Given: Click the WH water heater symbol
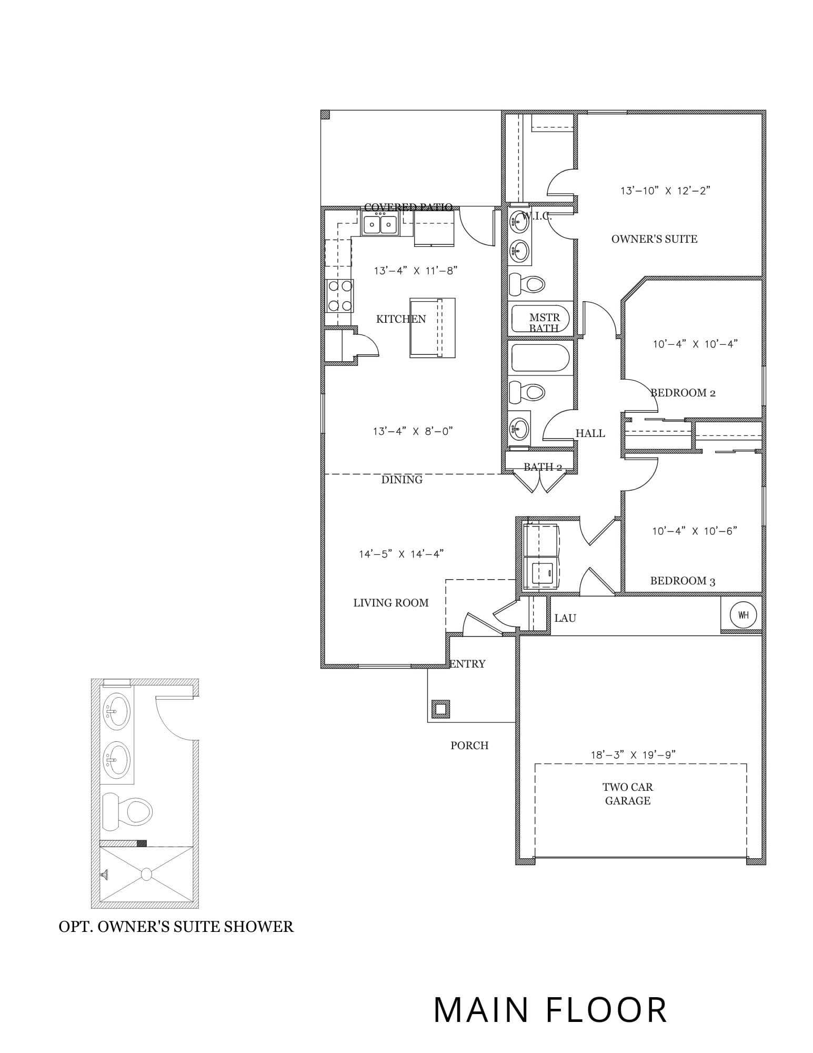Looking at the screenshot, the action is (743, 614).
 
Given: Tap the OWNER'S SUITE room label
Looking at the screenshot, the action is (654, 239).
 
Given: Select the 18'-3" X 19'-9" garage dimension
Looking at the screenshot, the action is (633, 754).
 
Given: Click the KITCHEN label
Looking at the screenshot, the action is (401, 319).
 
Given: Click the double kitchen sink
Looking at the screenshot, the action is (380, 224).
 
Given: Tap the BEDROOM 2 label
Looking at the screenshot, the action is (682, 393).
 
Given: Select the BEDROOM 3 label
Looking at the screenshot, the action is (682, 581).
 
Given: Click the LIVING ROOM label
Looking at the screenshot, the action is (391, 603).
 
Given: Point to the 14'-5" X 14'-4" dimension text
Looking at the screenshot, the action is (402, 553).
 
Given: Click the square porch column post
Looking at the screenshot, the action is (440, 709).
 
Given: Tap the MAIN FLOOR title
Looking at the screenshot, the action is (550, 1010).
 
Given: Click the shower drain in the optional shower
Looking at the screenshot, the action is (146, 875).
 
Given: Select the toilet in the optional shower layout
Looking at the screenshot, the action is (127, 811).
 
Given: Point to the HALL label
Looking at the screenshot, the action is (590, 433).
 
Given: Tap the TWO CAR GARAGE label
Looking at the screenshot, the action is (628, 794).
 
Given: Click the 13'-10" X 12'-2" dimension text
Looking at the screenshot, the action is (665, 190).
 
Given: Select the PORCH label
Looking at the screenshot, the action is (469, 745).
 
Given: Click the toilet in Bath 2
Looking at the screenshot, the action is (527, 392).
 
